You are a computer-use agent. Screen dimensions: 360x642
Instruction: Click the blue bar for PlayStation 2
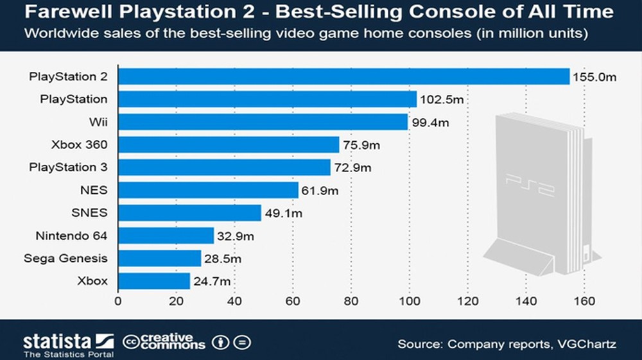343,76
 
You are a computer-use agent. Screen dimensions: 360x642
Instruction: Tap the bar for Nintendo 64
166,236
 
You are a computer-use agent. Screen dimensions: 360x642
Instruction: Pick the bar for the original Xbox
154,281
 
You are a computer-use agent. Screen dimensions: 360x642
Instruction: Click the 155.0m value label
594,77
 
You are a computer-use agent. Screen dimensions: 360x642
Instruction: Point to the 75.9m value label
361,145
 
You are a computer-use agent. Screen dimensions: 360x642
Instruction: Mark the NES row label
95,190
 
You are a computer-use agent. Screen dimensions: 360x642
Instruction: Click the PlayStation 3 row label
69,167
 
